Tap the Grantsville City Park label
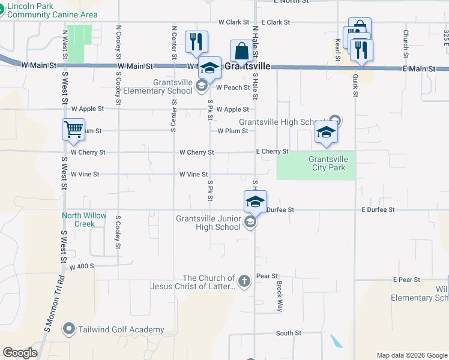tap(327, 163)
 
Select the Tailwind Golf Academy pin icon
tap(70, 329)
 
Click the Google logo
tap(20, 353)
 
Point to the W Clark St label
tap(234, 22)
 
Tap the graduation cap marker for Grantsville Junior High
tap(255, 202)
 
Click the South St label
tap(288, 333)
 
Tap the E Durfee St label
tap(378, 210)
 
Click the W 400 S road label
tap(82, 266)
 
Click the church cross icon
tap(244, 281)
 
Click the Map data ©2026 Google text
tap(411, 355)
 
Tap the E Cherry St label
tap(273, 152)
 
